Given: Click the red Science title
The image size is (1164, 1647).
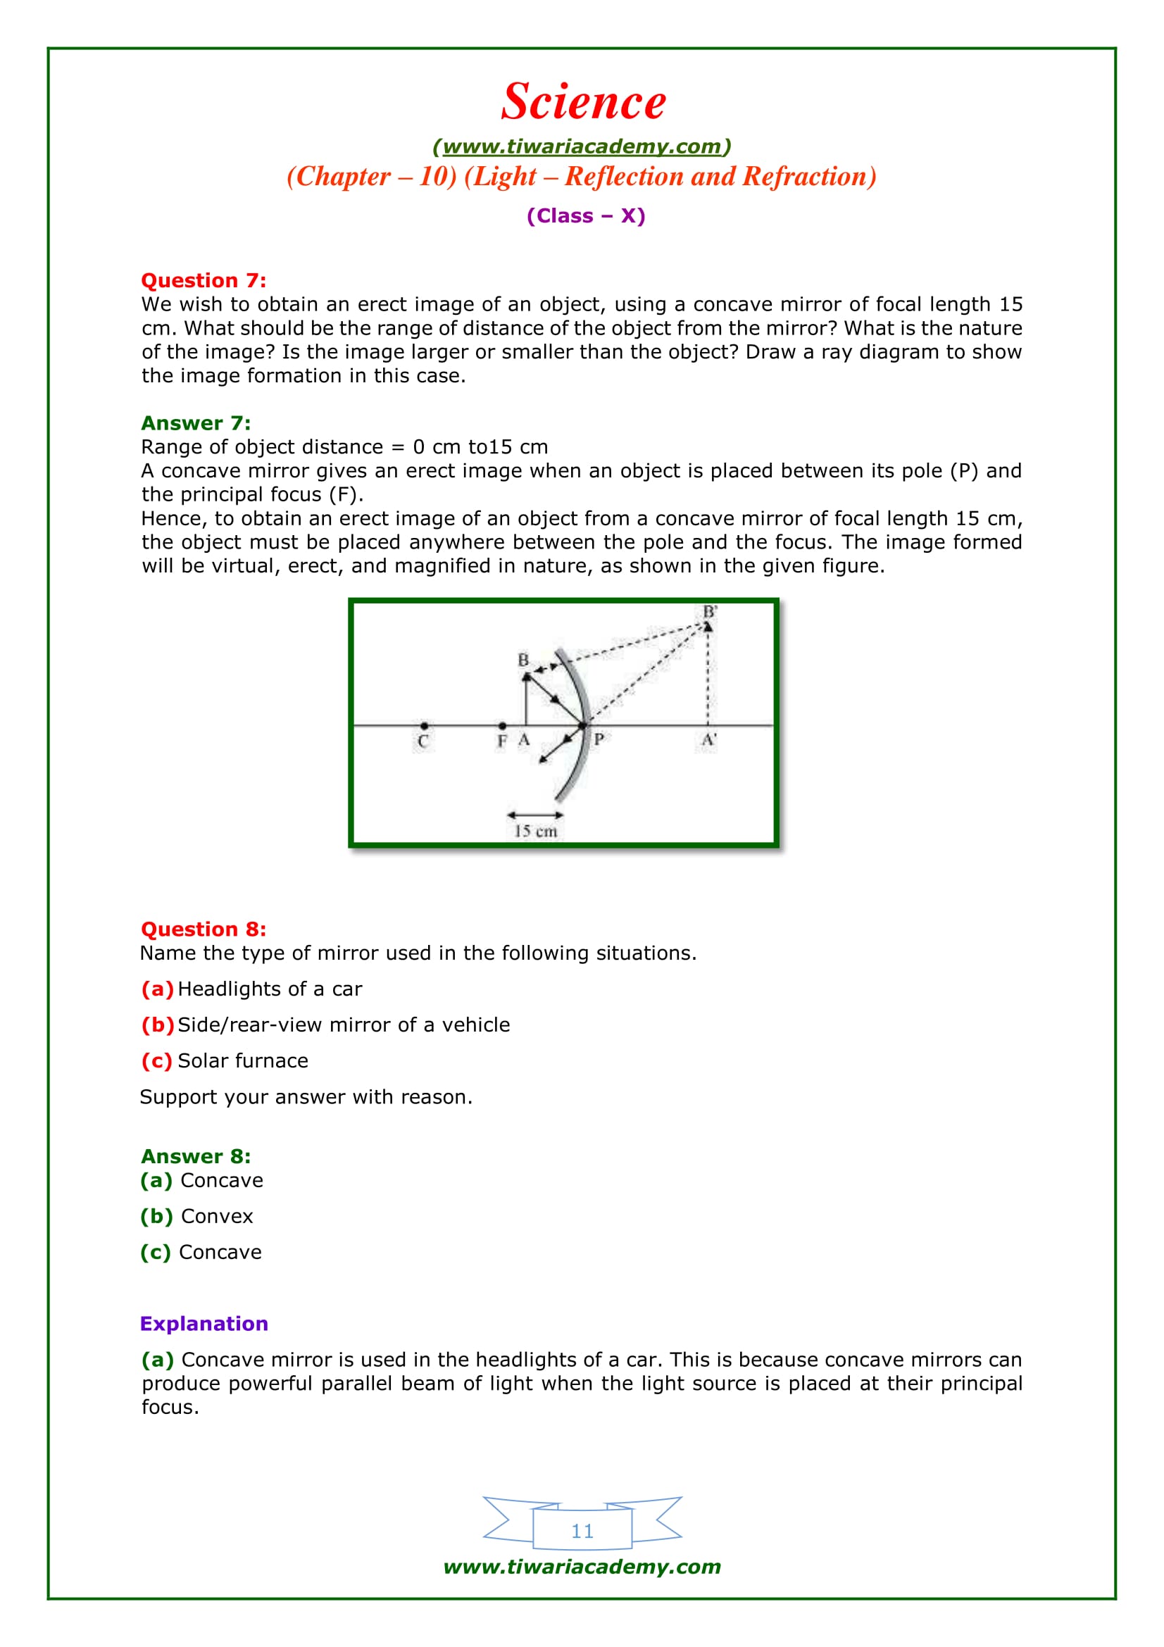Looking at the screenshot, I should click(583, 101).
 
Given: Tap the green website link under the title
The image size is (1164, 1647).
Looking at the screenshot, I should click(582, 146).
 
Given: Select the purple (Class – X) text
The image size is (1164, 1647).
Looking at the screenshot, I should click(585, 216).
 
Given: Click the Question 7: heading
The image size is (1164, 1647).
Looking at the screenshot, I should click(203, 280).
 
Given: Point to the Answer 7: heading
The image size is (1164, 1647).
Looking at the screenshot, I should click(196, 423).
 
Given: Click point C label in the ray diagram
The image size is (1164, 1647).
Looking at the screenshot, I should click(423, 741).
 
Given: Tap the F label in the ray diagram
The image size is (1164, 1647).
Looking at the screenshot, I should click(502, 741).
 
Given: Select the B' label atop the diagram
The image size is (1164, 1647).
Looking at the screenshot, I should click(709, 612).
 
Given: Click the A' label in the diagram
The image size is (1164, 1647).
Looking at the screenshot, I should click(708, 739).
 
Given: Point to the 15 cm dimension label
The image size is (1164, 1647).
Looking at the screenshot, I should click(536, 832).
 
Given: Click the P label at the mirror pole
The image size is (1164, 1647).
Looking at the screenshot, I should click(599, 739).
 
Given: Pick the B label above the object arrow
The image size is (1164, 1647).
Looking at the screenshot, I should click(523, 659).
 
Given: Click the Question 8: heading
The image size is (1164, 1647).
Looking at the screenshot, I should click(203, 929).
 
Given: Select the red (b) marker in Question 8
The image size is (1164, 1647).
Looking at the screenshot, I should click(157, 1025).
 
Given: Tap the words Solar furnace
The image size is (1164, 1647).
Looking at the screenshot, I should click(242, 1061).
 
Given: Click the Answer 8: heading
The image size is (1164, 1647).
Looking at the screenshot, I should click(196, 1157).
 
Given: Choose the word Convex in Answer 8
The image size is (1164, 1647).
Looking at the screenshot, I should click(217, 1217).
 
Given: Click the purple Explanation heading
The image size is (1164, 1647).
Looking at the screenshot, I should click(204, 1325).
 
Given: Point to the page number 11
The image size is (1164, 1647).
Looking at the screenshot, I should click(582, 1532).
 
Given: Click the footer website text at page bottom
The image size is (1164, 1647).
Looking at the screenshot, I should click(582, 1567).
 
